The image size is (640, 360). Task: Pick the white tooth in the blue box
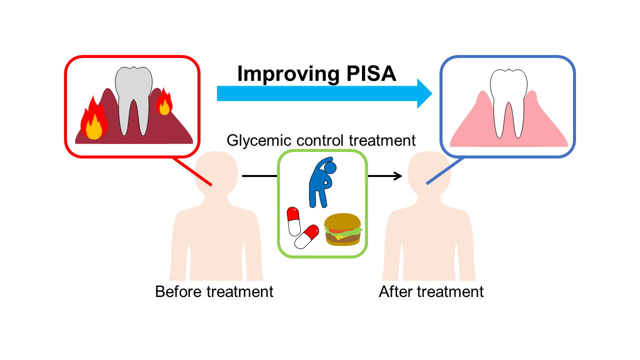(x=507, y=97)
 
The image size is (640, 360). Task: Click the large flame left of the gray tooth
(x=93, y=121)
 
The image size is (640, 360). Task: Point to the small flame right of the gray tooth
(x=164, y=103)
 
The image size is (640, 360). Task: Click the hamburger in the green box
(x=343, y=230)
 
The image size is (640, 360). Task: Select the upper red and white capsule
(x=293, y=222)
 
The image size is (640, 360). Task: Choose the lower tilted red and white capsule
(x=307, y=236)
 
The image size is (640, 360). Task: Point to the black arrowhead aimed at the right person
(x=398, y=176)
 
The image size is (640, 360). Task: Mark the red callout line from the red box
(x=192, y=171)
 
